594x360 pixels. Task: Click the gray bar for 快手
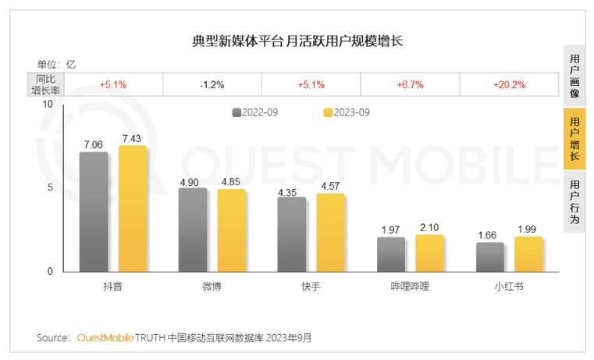[x=291, y=233]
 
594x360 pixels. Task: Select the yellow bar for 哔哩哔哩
[x=429, y=253]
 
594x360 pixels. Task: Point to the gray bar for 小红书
[x=489, y=257]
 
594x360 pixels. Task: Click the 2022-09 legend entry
[x=256, y=112]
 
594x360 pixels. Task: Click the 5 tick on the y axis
[x=49, y=187]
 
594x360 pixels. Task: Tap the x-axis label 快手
[x=310, y=287]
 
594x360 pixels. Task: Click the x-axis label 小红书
[x=508, y=287]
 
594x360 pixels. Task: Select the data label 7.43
[x=133, y=138]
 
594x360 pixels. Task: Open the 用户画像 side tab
[x=574, y=76]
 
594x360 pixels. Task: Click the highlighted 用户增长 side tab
[x=574, y=139]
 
